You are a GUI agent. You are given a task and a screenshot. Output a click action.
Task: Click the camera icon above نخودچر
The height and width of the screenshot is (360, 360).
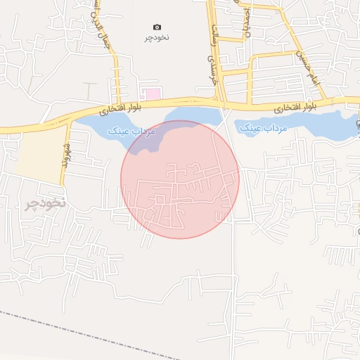click(x=157, y=27)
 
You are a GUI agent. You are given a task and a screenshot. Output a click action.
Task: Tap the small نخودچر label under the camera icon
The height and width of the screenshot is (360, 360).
click(x=157, y=37)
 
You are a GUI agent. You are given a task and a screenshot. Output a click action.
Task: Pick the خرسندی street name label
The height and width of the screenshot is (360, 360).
click(x=208, y=72)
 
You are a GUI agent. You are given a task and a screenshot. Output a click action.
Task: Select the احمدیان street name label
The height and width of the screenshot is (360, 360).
click(x=246, y=21)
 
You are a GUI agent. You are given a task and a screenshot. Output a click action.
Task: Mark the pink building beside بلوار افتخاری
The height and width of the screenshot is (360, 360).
click(x=152, y=94)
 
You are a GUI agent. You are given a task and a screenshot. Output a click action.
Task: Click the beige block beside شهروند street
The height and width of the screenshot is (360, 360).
click(x=39, y=157)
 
